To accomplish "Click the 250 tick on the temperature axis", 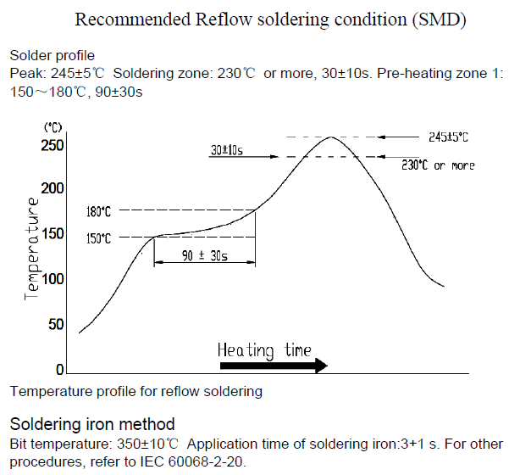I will pos(53,145).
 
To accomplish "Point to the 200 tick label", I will pos(53,188).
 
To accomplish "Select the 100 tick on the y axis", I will pos(53,279).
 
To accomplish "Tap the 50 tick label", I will pos(57,324).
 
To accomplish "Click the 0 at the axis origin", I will pos(60,370).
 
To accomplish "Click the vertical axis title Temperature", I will pos(32,249).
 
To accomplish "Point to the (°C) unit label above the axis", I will pos(53,127).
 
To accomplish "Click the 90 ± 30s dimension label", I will pos(204,255).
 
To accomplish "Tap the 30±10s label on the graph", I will pos(227,150).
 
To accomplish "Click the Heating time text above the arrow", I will pos(264,349).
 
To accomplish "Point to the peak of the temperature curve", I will pos(330,137).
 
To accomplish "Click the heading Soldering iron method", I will pos(92,423).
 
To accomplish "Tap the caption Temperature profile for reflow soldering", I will pos(136,392).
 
